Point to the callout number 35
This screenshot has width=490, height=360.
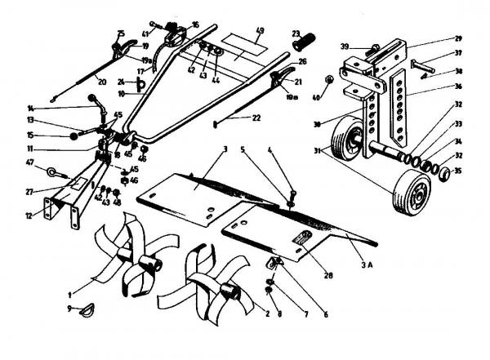(459, 173)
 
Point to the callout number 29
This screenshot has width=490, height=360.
(459, 38)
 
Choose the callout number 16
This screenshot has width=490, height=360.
(194, 24)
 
